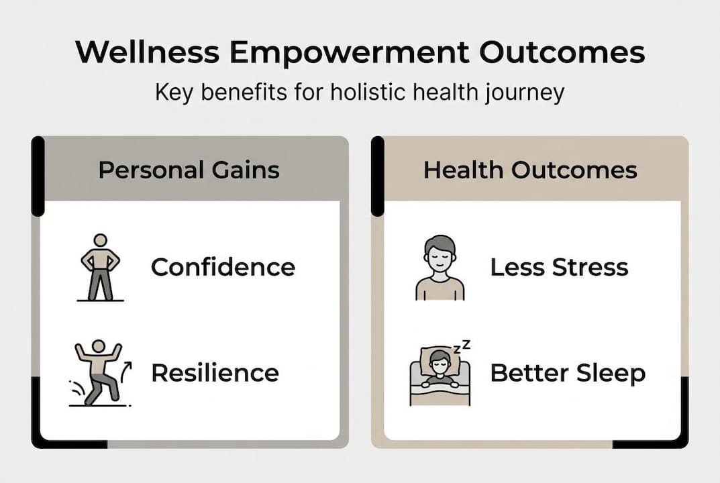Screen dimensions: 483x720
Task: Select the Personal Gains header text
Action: coord(189,170)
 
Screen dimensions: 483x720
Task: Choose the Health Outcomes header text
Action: coord(530,170)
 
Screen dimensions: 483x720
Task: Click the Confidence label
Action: coord(223,267)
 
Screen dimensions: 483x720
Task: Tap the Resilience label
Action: coord(215,372)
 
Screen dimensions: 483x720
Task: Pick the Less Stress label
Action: coord(559,267)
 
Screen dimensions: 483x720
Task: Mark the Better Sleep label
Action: coord(568,372)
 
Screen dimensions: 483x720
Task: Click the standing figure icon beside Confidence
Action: coord(100,267)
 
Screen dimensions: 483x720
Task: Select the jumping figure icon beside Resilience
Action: coord(99,373)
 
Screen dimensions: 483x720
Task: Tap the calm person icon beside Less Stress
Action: coord(440,267)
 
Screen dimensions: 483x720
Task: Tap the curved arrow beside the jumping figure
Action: coord(126,369)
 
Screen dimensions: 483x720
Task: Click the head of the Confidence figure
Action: coord(100,240)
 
